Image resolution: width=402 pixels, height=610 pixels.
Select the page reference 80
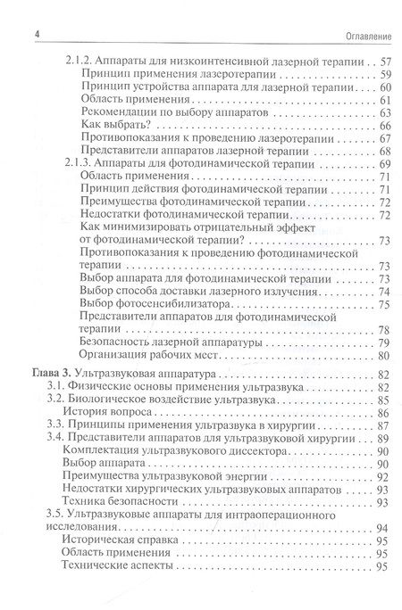click(386, 354)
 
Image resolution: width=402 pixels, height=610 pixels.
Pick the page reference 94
click(386, 528)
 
